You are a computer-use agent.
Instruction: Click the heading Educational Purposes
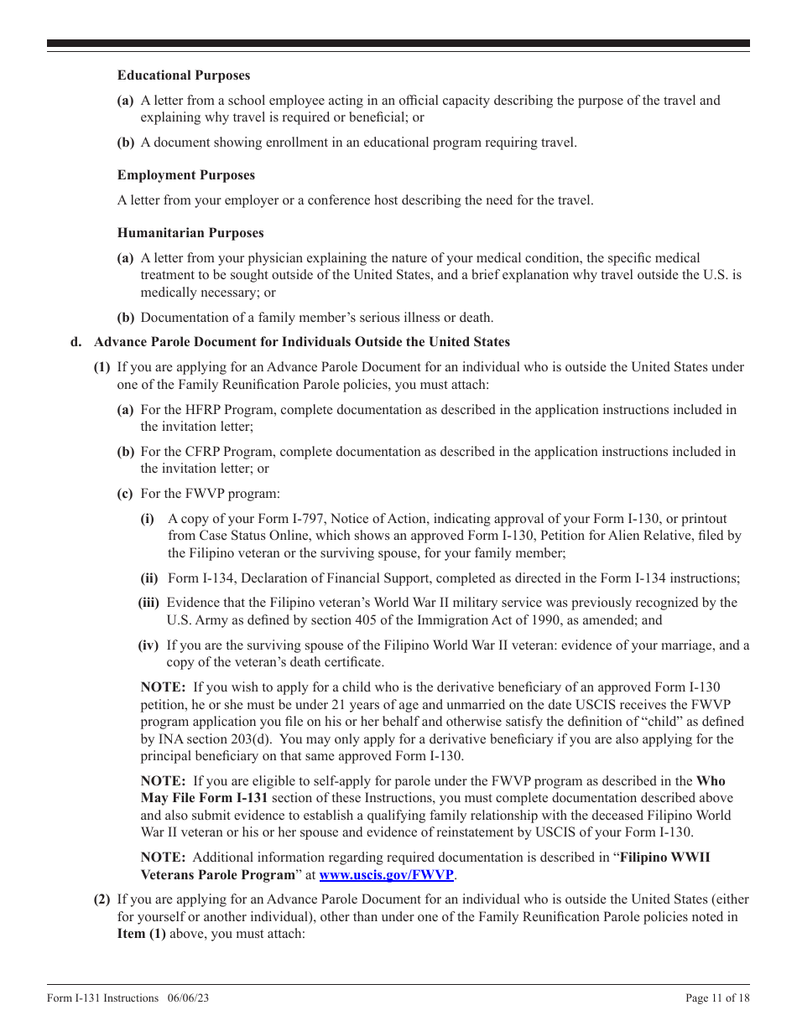pos(184,75)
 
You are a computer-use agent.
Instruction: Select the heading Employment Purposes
pos(186,175)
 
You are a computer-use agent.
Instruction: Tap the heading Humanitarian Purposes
pos(190,233)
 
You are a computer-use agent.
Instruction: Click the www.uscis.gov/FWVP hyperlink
pos(387,874)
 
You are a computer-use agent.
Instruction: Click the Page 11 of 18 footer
pos(717,997)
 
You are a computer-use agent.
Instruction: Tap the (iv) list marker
pos(148,645)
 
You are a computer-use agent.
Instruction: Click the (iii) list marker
pos(148,603)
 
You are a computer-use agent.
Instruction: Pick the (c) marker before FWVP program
pos(125,494)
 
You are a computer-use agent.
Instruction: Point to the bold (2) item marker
pos(102,899)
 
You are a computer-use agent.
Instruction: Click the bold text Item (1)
pos(141,933)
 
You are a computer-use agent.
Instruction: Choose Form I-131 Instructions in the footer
pos(102,997)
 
